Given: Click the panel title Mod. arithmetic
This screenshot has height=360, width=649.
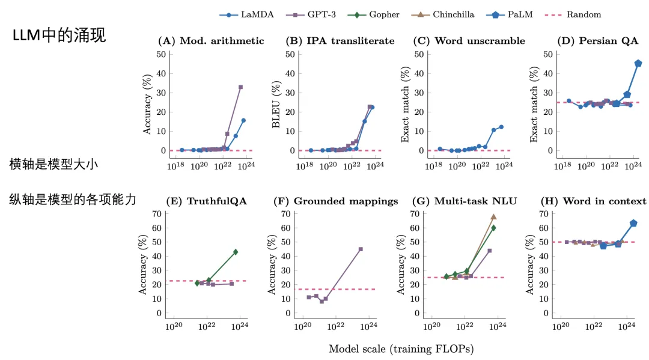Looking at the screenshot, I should click(211, 41).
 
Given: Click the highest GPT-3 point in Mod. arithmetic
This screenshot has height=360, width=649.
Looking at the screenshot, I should click(240, 87).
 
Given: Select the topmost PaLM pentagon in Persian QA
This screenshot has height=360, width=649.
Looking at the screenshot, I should click(638, 63).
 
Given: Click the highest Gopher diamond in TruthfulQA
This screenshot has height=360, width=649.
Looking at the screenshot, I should click(236, 252).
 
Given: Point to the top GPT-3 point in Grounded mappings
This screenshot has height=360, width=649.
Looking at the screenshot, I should click(361, 249).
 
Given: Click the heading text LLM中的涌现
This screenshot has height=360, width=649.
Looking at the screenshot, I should click(59, 35).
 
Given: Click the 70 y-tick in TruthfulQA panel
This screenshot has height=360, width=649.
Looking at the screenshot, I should click(158, 214).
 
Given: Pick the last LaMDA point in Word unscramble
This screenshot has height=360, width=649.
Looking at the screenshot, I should click(501, 127).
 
